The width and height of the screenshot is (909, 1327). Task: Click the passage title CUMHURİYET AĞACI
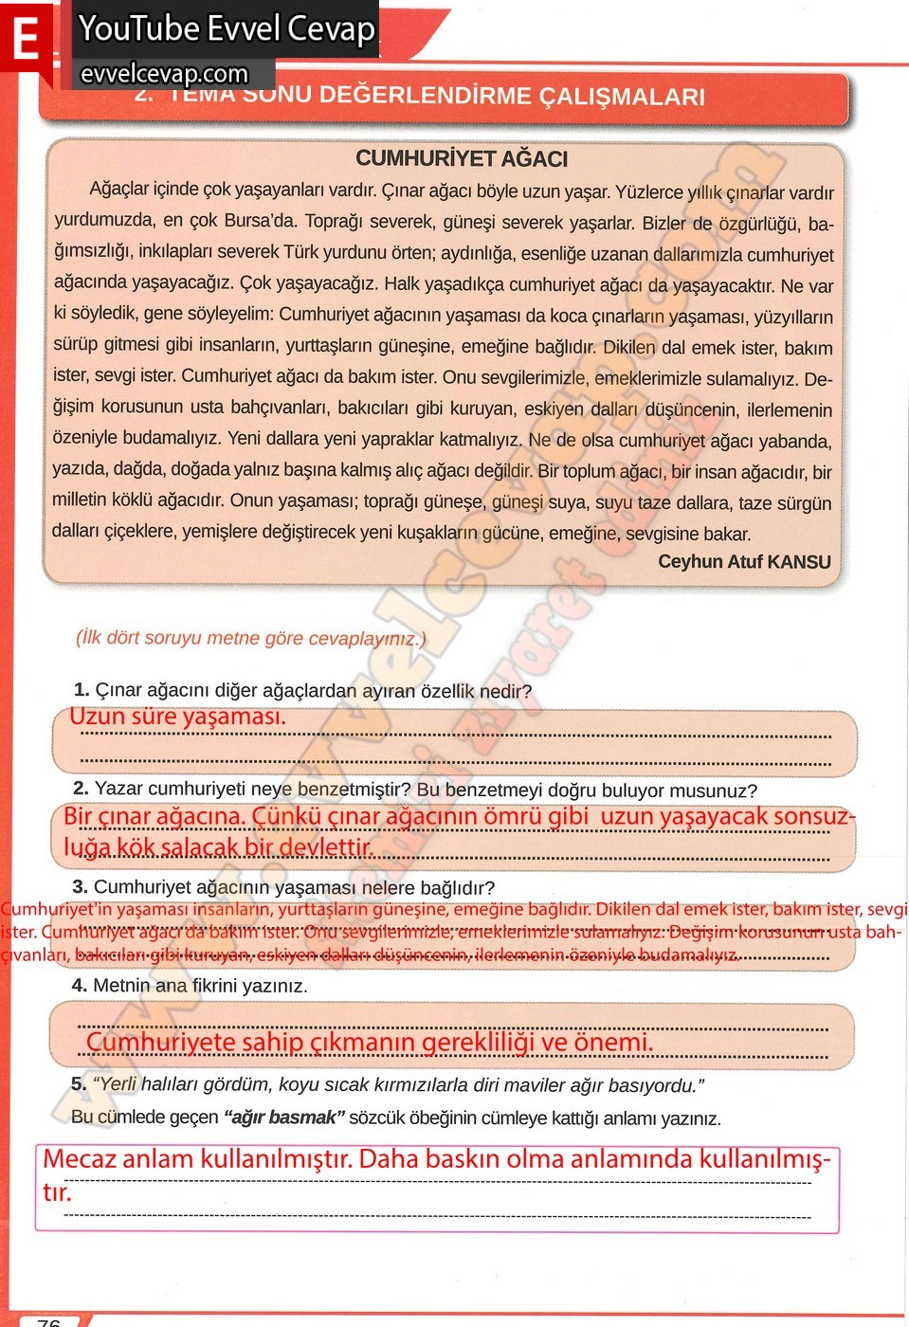click(x=462, y=158)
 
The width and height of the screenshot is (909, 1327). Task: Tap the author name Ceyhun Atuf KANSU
click(x=744, y=562)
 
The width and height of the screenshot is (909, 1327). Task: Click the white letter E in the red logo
click(x=26, y=40)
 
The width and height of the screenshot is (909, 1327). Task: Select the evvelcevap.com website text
click(x=164, y=74)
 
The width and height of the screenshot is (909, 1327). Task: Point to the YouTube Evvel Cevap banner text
click(x=227, y=28)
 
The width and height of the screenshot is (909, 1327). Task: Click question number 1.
click(x=81, y=690)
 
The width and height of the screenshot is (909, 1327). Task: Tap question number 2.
click(x=81, y=789)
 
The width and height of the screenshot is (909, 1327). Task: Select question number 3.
click(x=80, y=887)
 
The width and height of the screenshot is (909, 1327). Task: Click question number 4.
click(x=79, y=986)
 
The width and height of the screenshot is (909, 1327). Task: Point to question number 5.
click(x=78, y=1083)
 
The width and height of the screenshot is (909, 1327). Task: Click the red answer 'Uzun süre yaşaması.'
click(x=177, y=717)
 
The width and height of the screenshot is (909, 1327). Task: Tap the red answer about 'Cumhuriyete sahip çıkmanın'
click(x=369, y=1043)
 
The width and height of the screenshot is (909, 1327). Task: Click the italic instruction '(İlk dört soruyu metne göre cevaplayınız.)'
click(x=250, y=638)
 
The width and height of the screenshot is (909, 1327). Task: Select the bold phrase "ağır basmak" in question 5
click(x=284, y=1118)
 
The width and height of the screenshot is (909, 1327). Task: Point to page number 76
click(x=49, y=1321)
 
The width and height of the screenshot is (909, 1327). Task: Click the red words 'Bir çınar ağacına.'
click(x=155, y=816)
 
